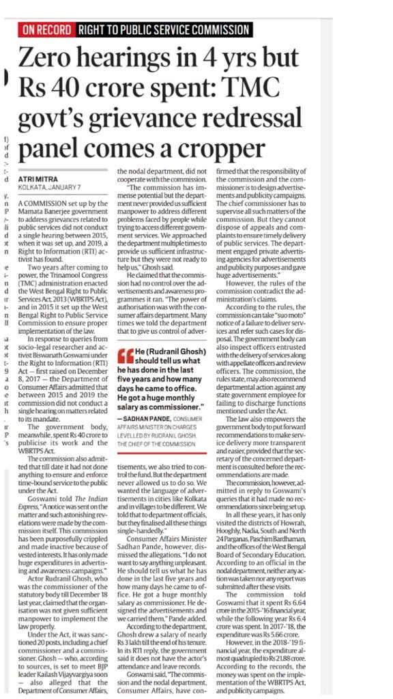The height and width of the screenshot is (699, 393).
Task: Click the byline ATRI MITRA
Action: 44,179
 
